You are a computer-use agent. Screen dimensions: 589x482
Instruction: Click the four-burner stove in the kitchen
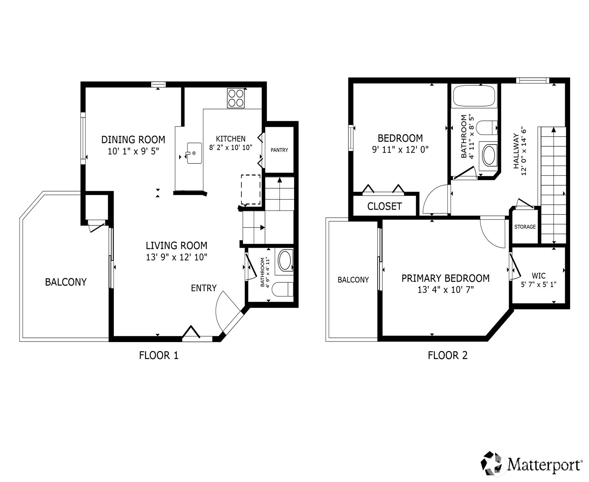pyautogui.click(x=236, y=98)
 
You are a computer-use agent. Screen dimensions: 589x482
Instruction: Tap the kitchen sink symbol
pyautogui.click(x=194, y=153)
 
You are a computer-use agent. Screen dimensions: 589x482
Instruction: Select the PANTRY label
pyautogui.click(x=279, y=150)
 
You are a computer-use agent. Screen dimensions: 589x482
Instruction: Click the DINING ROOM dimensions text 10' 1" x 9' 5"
pyautogui.click(x=133, y=151)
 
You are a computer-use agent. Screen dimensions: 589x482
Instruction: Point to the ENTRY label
pyautogui.click(x=204, y=288)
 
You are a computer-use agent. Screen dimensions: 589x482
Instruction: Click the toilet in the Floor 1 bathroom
pyautogui.click(x=283, y=289)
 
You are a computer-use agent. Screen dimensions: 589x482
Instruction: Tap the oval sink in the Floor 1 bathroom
pyautogui.click(x=284, y=261)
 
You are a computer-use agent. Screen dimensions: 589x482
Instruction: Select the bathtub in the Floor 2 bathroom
pyautogui.click(x=474, y=96)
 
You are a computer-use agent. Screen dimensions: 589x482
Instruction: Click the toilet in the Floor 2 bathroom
pyautogui.click(x=487, y=128)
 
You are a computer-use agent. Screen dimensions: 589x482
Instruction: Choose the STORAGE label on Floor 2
pyautogui.click(x=525, y=227)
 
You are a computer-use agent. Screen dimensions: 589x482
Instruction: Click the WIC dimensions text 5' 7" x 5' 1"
pyautogui.click(x=539, y=284)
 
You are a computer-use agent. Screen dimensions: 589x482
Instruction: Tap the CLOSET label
pyautogui.click(x=384, y=206)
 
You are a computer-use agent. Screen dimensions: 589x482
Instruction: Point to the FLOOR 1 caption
pyautogui.click(x=159, y=355)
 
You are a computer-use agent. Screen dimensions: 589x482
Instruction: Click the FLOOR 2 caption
pyautogui.click(x=447, y=355)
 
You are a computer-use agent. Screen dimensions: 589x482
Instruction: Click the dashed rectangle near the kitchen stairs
pyautogui.click(x=251, y=190)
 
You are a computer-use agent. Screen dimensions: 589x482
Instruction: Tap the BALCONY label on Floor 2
pyautogui.click(x=353, y=280)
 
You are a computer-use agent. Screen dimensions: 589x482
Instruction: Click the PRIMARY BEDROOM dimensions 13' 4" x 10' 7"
pyautogui.click(x=445, y=290)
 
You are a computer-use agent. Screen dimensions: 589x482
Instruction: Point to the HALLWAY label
pyautogui.click(x=516, y=151)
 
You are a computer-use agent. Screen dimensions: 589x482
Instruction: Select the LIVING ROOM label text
pyautogui.click(x=176, y=245)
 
